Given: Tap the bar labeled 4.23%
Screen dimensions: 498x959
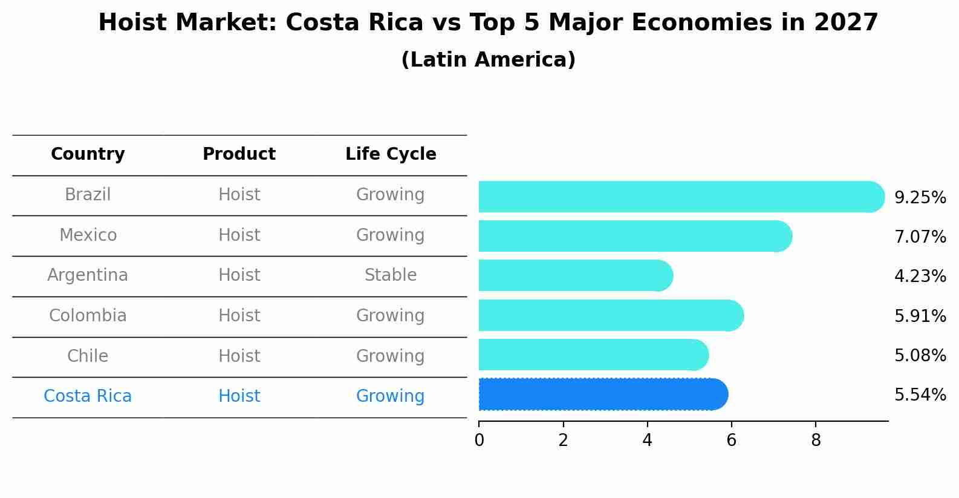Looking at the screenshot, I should click(575, 276).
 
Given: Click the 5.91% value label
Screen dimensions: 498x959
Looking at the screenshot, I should click(920, 316).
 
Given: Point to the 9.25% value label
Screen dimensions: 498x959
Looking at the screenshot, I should click(920, 198).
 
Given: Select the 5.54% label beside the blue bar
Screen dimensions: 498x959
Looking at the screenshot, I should click(920, 395).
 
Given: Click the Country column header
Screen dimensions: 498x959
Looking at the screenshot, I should click(88, 154).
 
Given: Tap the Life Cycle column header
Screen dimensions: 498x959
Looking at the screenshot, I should click(391, 154).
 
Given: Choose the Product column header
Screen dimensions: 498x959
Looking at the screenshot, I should click(239, 154).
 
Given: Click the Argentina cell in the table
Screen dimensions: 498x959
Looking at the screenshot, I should click(88, 275).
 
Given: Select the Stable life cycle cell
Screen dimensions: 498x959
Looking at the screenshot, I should click(391, 275).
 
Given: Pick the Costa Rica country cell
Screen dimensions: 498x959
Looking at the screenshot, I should click(88, 396).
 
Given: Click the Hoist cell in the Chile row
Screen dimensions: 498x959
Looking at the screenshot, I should click(239, 356).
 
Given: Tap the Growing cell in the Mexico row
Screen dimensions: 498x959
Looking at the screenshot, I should click(391, 235).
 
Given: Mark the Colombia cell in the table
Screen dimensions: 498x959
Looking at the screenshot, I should click(88, 316).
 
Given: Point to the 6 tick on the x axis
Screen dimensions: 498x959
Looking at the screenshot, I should click(731, 440).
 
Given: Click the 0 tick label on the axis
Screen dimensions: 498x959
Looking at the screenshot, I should click(479, 440).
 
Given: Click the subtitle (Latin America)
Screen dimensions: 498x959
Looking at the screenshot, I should click(488, 60).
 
